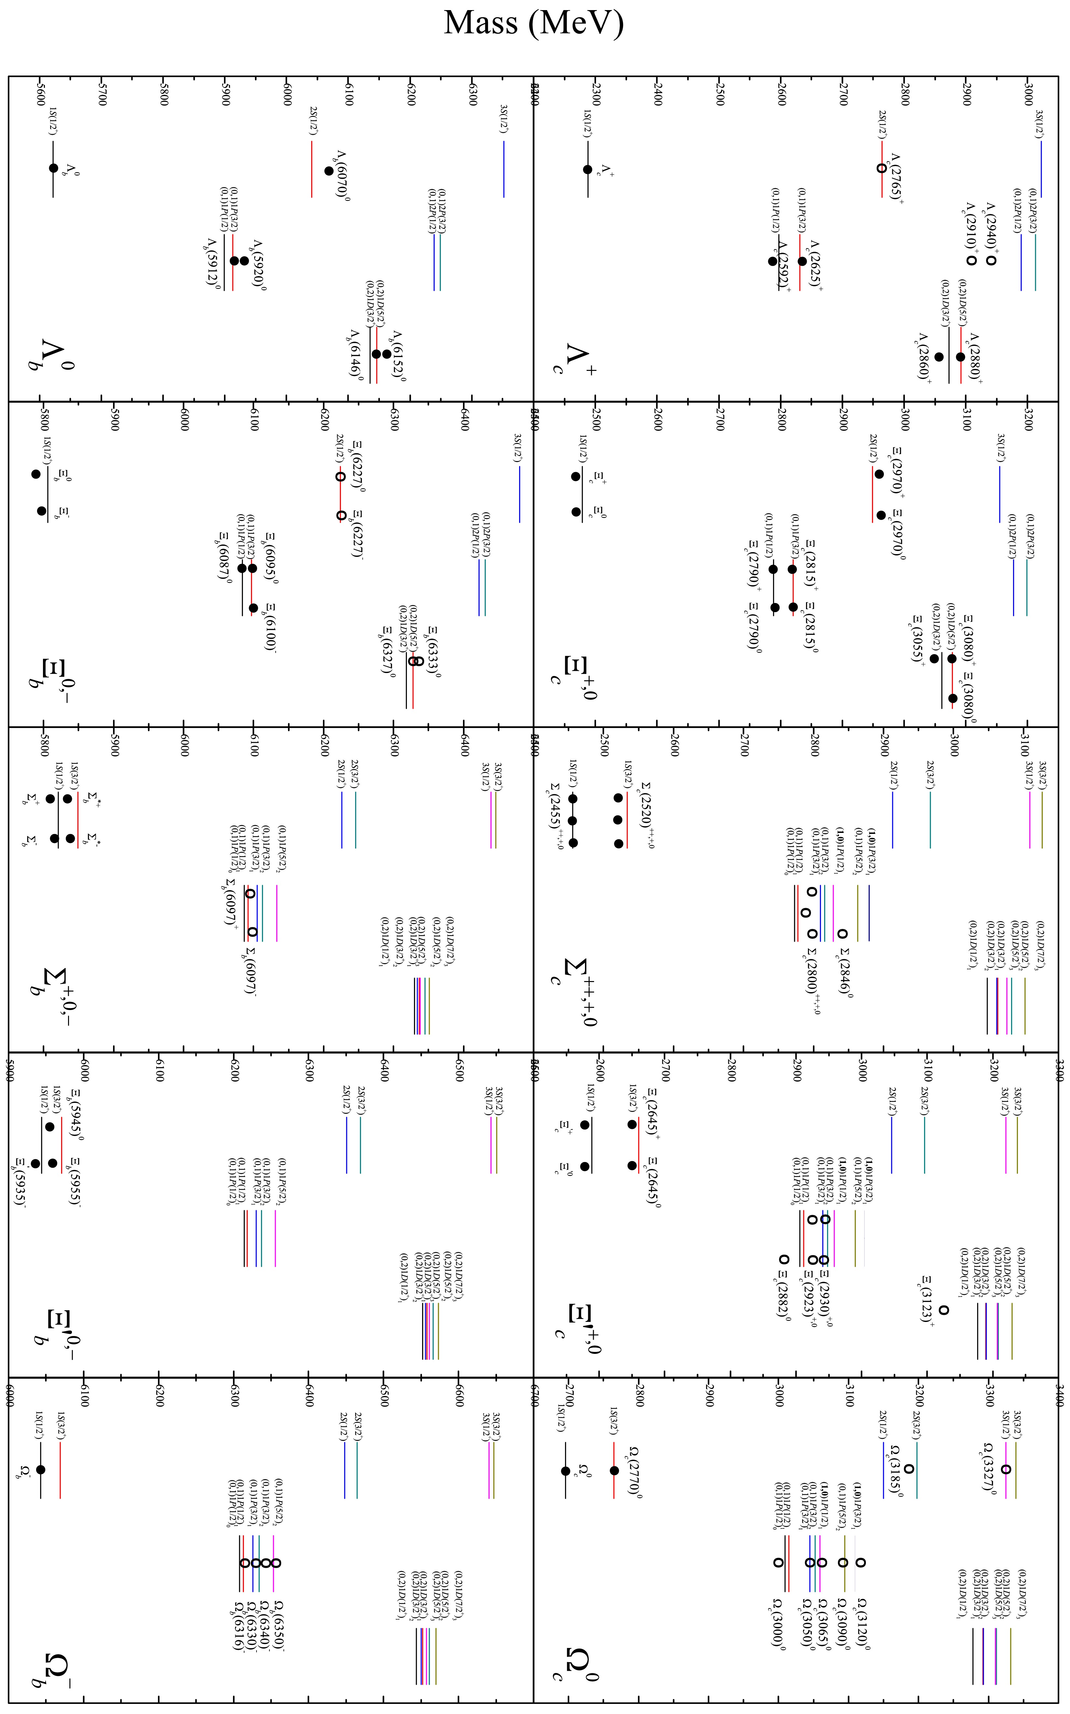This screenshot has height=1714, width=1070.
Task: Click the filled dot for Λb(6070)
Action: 328,171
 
